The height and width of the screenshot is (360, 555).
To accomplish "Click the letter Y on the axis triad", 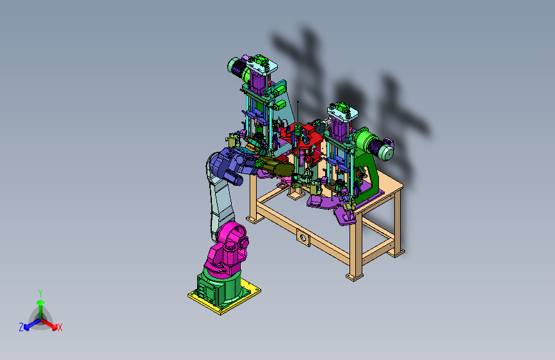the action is click(x=40, y=293).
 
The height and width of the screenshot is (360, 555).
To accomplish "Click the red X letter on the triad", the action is click(x=60, y=327).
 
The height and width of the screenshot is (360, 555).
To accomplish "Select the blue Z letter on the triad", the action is click(x=21, y=327).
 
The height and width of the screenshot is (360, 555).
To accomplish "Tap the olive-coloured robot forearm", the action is click(x=276, y=168).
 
